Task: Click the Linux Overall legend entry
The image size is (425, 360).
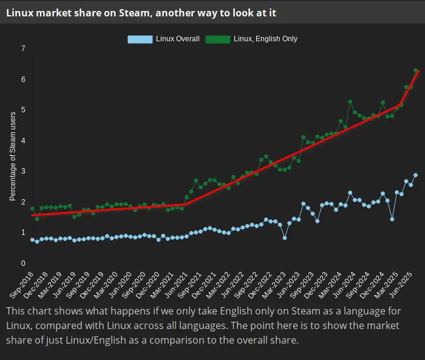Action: (x=164, y=39)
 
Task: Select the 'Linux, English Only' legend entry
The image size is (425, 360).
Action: (x=252, y=39)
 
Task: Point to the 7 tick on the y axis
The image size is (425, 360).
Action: (x=23, y=49)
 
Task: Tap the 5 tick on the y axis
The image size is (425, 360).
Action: (x=23, y=110)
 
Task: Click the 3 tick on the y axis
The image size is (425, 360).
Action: (x=23, y=171)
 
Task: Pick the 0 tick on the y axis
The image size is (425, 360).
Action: (x=23, y=263)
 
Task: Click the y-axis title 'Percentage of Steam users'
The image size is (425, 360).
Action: (x=13, y=157)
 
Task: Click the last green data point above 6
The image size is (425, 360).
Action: (x=415, y=70)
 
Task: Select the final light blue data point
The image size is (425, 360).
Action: (x=415, y=175)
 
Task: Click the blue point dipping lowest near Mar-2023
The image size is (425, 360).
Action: (x=285, y=238)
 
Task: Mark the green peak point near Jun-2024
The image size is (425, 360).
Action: (x=350, y=101)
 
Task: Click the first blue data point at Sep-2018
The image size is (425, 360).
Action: (x=32, y=240)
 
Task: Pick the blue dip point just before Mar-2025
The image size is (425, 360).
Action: (x=392, y=219)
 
